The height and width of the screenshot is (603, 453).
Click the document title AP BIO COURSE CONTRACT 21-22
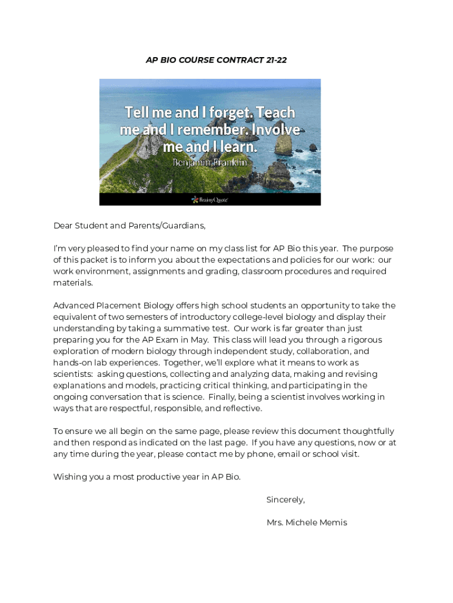pos(216,59)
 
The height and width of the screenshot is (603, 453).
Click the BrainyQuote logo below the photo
pos(209,200)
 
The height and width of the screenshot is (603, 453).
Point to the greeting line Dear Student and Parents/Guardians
pos(129,225)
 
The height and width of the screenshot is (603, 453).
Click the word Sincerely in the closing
pos(285,499)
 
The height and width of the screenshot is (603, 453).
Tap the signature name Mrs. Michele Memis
pos(307,522)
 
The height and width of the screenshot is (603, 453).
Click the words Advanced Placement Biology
pos(106,306)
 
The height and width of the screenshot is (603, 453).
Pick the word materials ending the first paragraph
pos(73,283)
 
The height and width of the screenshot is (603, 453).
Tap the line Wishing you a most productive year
pos(146,476)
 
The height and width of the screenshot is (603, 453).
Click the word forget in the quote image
pos(220,112)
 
